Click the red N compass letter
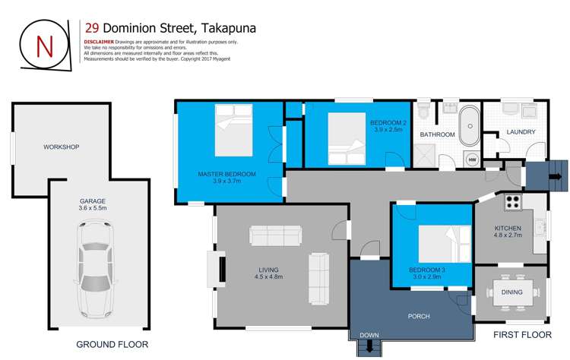click(45, 46)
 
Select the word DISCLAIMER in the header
click(99, 43)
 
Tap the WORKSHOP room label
click(62, 147)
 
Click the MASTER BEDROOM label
click(226, 174)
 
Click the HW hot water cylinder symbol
click(471, 159)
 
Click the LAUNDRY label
click(521, 132)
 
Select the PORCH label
click(419, 316)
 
